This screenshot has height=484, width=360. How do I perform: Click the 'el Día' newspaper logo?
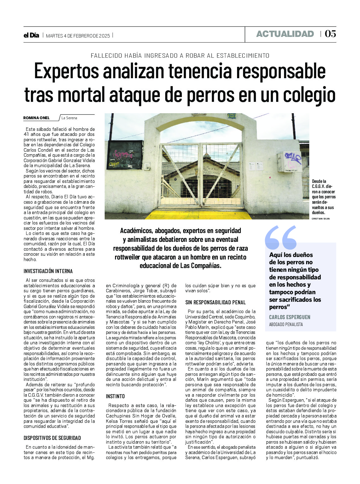(x=31, y=35)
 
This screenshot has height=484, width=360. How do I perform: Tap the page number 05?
(x=330, y=34)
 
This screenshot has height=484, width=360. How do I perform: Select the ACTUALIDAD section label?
(x=285, y=34)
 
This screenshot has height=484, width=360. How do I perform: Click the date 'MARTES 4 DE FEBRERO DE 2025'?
(x=78, y=36)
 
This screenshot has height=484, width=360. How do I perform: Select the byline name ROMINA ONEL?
(x=37, y=118)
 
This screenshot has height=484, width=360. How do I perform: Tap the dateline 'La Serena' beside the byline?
(x=69, y=118)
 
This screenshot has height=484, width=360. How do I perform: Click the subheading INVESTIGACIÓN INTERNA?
(x=48, y=271)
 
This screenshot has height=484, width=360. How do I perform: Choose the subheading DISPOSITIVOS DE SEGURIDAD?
(x=52, y=438)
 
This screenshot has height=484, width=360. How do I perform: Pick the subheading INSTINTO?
(x=115, y=396)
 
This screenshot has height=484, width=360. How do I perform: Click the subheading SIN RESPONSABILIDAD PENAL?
(x=215, y=302)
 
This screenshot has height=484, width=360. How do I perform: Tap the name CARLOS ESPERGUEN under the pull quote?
(x=290, y=317)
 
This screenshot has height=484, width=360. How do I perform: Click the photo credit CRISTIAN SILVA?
(x=321, y=219)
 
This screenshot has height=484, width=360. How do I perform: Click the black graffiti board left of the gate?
(x=125, y=155)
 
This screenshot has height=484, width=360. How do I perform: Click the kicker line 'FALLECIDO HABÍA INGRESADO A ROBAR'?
(x=180, y=55)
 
